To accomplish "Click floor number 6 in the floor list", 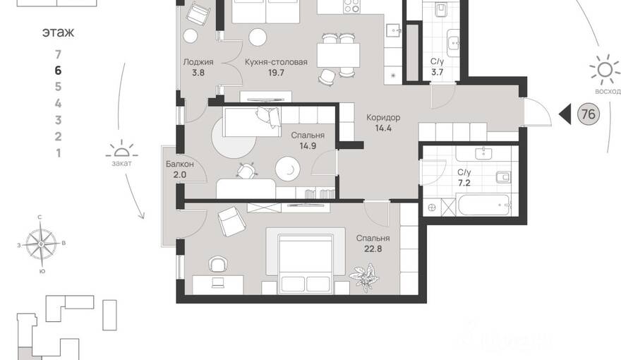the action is (58, 71).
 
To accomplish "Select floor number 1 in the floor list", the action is (58, 153).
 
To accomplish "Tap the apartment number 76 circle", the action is (588, 114).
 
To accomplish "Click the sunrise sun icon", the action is (605, 70).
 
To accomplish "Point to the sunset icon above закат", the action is (121, 150).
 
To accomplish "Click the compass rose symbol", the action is (41, 244).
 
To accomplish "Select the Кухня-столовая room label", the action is (276, 62).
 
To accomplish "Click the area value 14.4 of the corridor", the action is (383, 128).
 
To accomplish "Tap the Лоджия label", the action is (198, 62).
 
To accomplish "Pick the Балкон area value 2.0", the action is (179, 174).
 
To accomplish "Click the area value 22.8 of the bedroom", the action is (373, 249).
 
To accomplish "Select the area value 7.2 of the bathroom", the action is (464, 184).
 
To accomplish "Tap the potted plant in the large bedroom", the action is (364, 277).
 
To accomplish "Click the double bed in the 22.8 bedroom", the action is (305, 264).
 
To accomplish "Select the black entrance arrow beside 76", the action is (565, 114).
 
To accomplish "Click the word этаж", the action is (58, 32).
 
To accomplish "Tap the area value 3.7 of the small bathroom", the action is (437, 73).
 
